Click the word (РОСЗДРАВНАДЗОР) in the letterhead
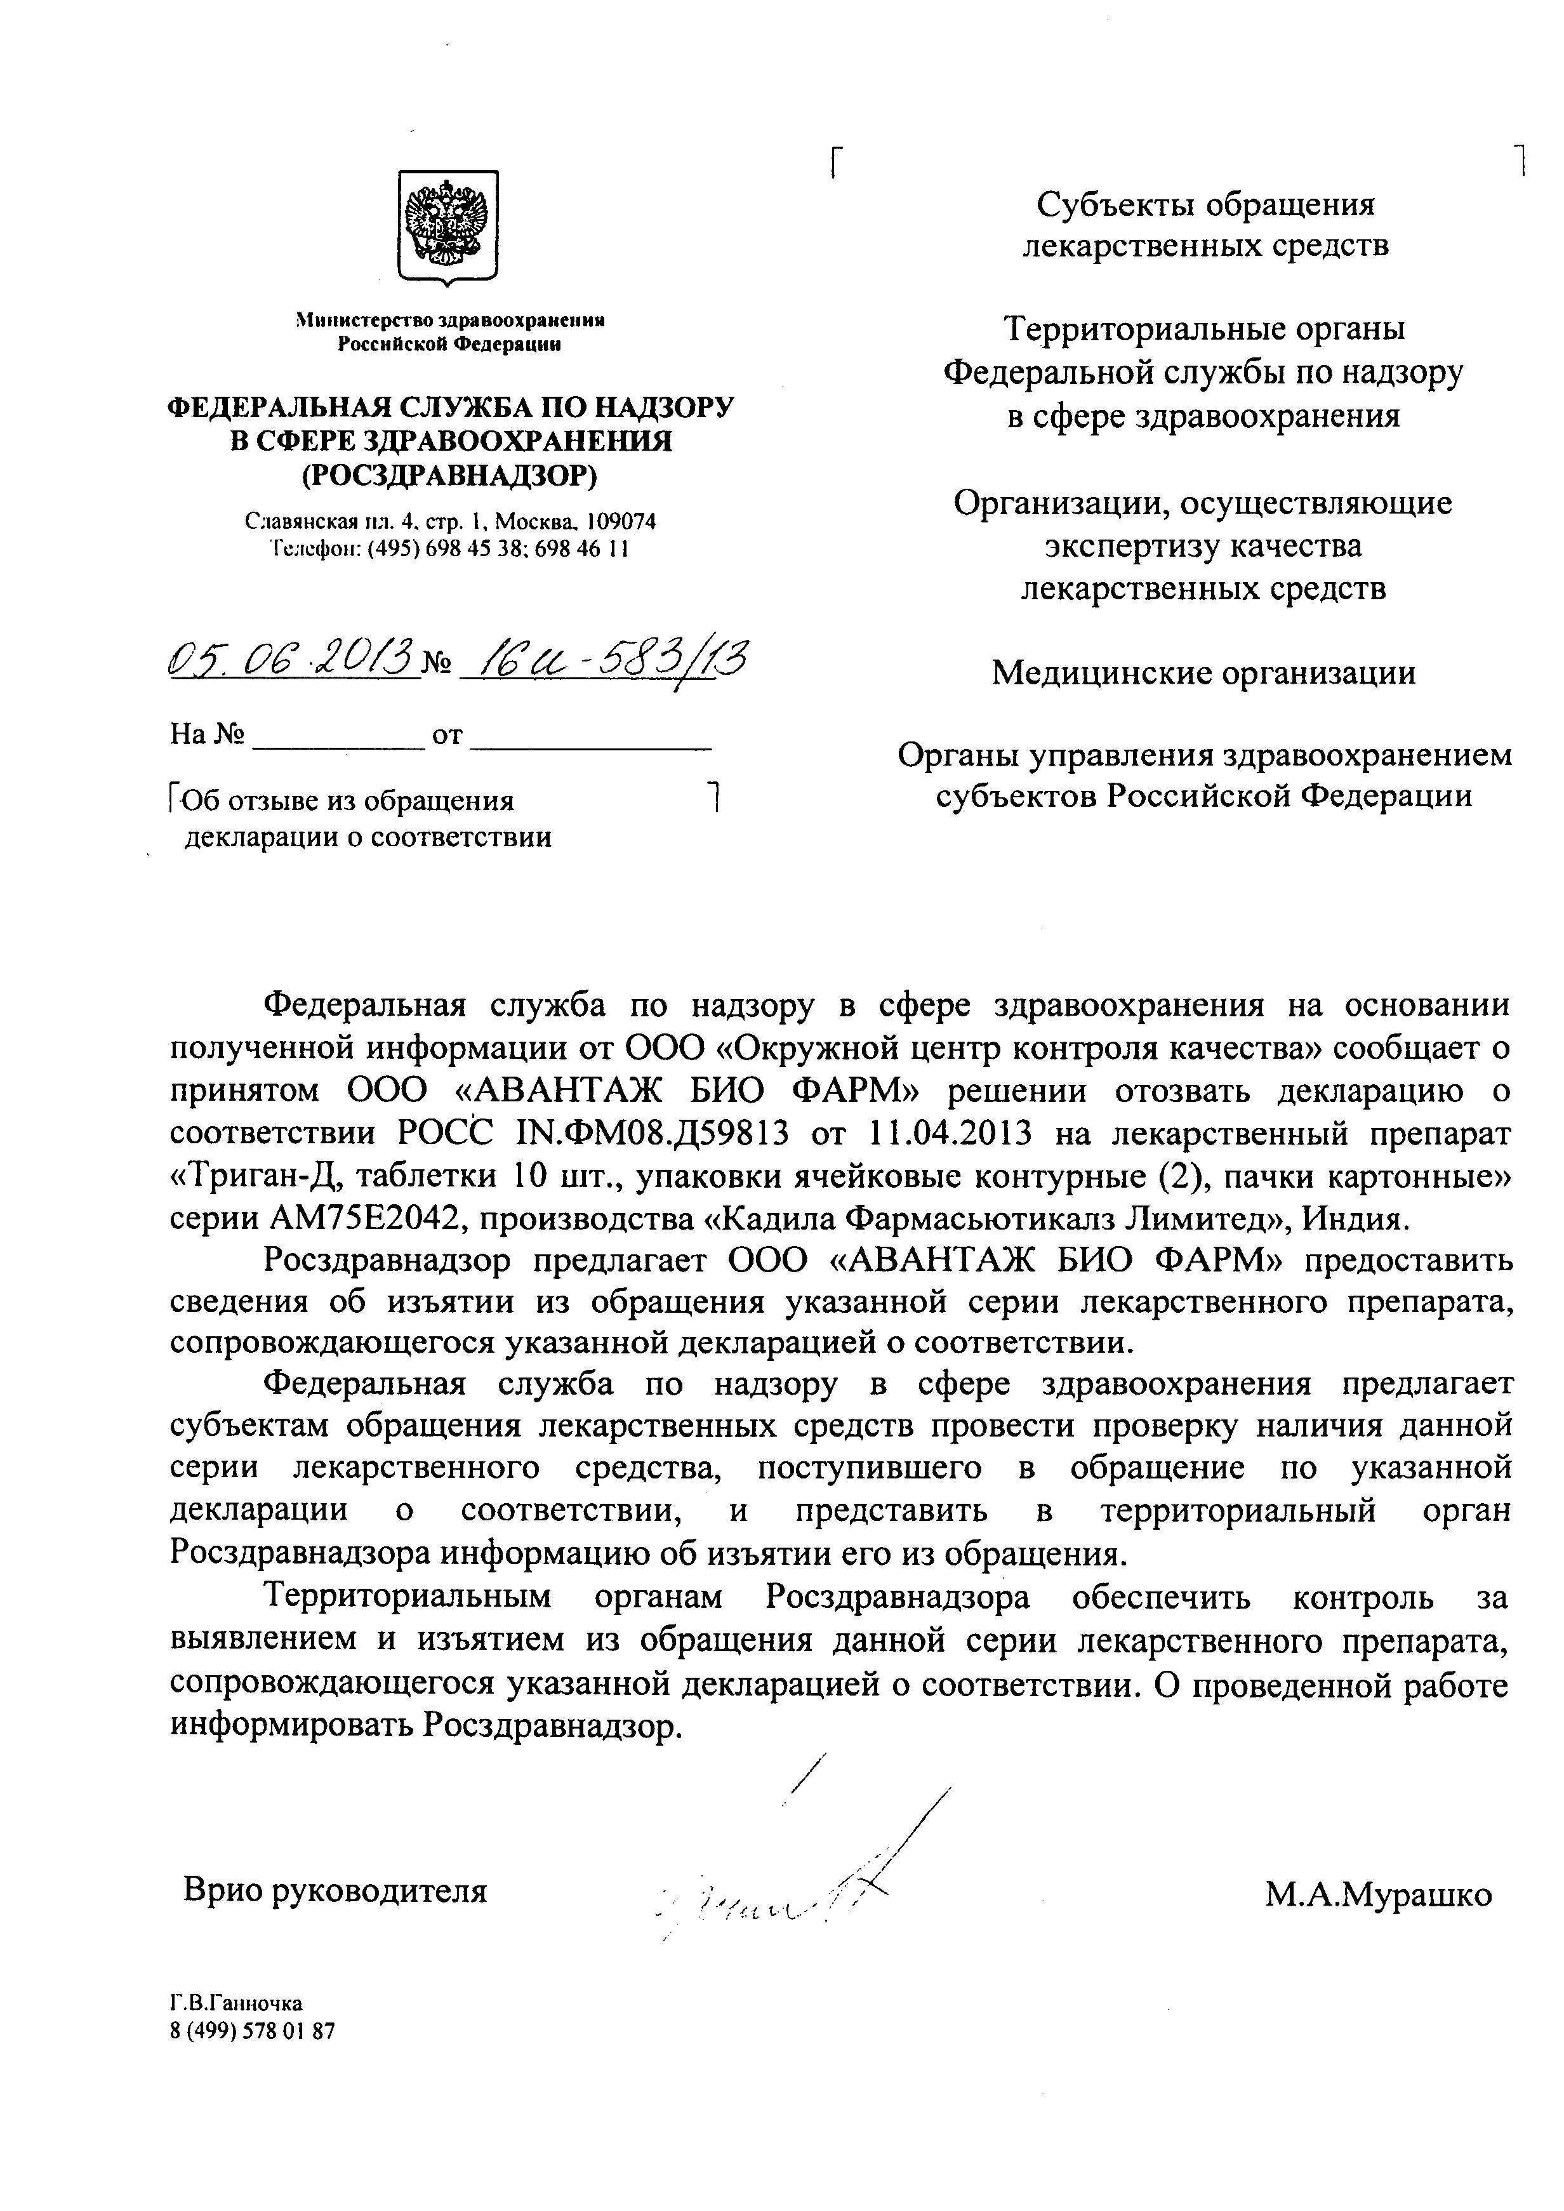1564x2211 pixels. click(x=450, y=475)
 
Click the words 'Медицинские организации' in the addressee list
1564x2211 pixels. click(x=1204, y=672)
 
